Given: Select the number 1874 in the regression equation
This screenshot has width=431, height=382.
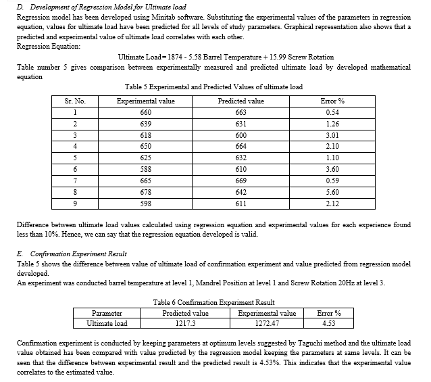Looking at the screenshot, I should click(x=177, y=57).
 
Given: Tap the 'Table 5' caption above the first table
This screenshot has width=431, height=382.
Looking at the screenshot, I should click(x=213, y=87).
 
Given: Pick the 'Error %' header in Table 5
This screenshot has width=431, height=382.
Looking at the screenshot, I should click(x=332, y=101).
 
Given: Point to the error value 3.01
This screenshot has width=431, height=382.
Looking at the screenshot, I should click(x=332, y=136).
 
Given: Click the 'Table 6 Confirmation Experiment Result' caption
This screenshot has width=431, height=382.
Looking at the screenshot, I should click(x=214, y=302).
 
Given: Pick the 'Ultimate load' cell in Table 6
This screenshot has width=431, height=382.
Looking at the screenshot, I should click(x=107, y=323).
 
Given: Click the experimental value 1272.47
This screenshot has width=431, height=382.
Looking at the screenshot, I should click(x=268, y=323).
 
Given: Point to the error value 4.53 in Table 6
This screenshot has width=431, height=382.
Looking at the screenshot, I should click(x=328, y=323).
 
